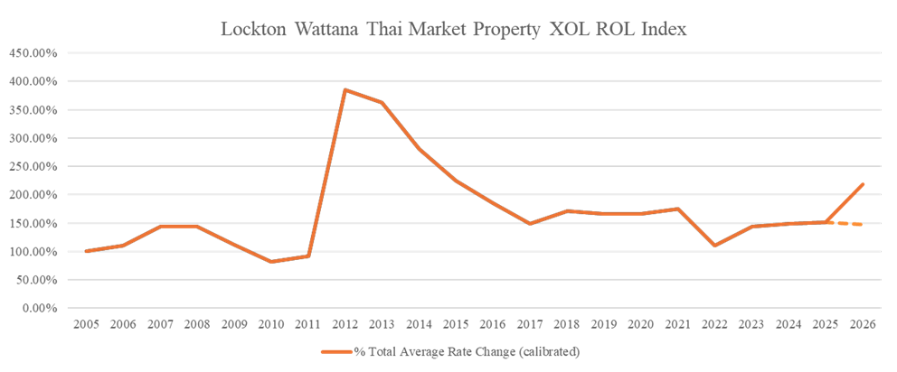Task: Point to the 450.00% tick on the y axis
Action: point(33,53)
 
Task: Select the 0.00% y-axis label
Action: point(39,308)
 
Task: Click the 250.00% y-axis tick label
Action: point(33,167)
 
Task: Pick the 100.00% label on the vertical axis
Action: point(33,252)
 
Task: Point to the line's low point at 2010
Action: point(271,262)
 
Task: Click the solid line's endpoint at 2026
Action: point(863,183)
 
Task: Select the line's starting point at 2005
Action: point(86,252)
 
